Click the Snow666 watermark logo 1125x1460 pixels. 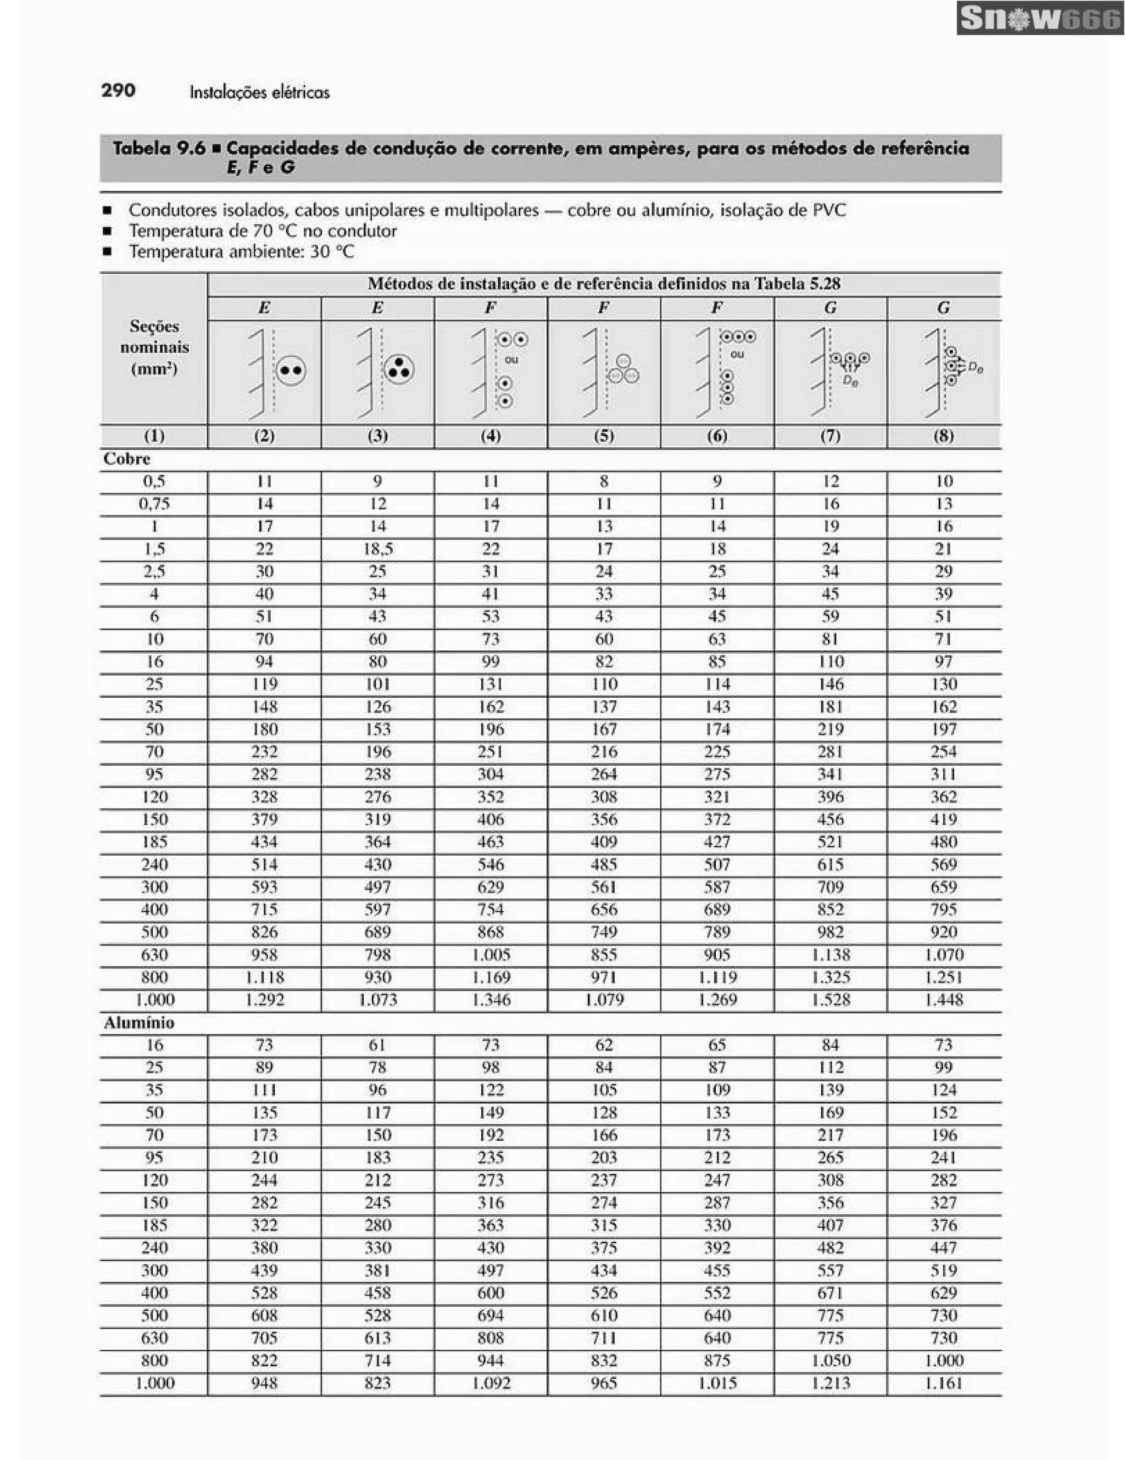pyautogui.click(x=1039, y=18)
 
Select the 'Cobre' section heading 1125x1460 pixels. pyautogui.click(x=127, y=459)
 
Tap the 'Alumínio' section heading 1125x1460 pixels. pyautogui.click(x=139, y=1023)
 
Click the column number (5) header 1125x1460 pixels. pyautogui.click(x=603, y=436)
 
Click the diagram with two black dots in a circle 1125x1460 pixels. pyautogui.click(x=291, y=370)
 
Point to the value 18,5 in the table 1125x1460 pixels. pyautogui.click(x=377, y=549)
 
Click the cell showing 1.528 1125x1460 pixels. pyautogui.click(x=830, y=1000)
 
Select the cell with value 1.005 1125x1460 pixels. pyautogui.click(x=491, y=954)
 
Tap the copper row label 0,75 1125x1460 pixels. pyautogui.click(x=154, y=504)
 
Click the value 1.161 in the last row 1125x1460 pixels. pyautogui.click(x=943, y=1383)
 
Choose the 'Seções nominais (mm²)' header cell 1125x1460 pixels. pyautogui.click(x=154, y=347)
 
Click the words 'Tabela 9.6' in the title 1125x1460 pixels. pyautogui.click(x=159, y=148)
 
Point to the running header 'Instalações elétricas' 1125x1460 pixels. pyautogui.click(x=259, y=92)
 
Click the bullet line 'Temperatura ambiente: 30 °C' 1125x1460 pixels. pyautogui.click(x=241, y=252)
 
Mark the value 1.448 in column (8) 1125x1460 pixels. pyautogui.click(x=943, y=1000)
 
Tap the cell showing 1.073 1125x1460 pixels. pyautogui.click(x=377, y=1000)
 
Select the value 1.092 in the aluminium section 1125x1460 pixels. pyautogui.click(x=491, y=1383)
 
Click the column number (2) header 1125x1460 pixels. pyautogui.click(x=264, y=436)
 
